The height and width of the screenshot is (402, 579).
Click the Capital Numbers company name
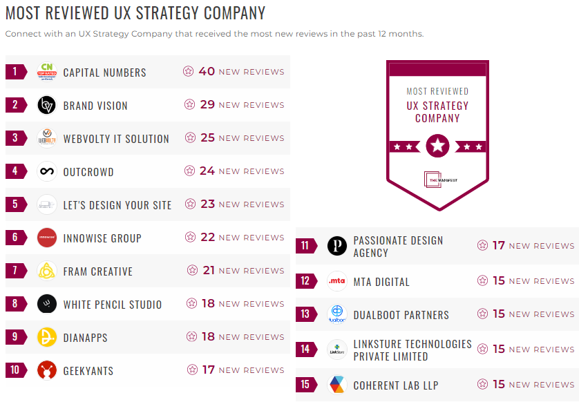pyautogui.click(x=104, y=73)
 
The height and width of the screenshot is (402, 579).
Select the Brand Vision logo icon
pyautogui.click(x=47, y=105)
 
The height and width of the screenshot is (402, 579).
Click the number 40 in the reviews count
pyautogui.click(x=207, y=71)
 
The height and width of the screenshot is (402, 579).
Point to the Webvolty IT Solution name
pyautogui.click(x=116, y=139)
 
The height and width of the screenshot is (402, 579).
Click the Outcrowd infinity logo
pyautogui.click(x=47, y=171)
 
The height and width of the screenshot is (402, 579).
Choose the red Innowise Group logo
pyautogui.click(x=47, y=238)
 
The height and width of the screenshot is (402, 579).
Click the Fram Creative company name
pyautogui.click(x=97, y=271)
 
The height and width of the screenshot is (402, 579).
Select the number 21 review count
pyautogui.click(x=209, y=270)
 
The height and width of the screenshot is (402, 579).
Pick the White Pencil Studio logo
pyautogui.click(x=47, y=304)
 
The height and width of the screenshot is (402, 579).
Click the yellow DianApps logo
pyautogui.click(x=47, y=337)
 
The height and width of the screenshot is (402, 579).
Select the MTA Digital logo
pyautogui.click(x=337, y=281)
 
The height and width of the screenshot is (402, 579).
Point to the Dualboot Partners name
pyautogui.click(x=401, y=315)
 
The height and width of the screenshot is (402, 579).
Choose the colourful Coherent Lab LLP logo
pyautogui.click(x=337, y=385)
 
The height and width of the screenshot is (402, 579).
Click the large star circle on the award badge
pyautogui.click(x=437, y=146)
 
